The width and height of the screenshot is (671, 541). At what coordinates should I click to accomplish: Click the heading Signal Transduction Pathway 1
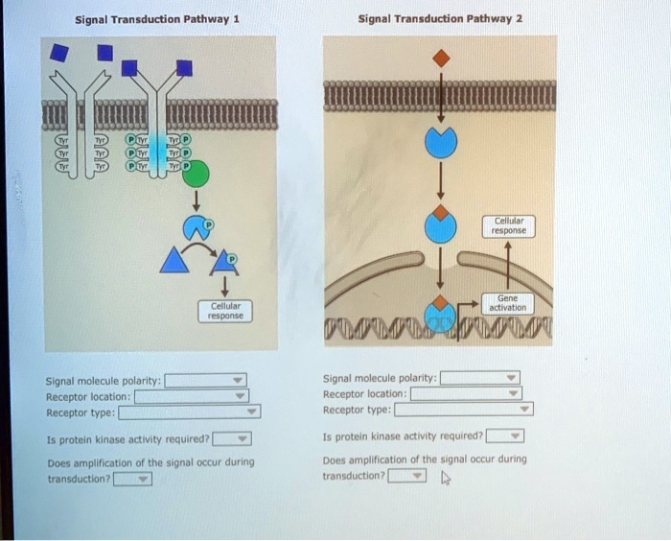[156, 18]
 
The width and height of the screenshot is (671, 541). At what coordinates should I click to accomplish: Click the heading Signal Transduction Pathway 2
[440, 18]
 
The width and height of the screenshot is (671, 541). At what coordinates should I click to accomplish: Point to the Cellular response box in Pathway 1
[226, 310]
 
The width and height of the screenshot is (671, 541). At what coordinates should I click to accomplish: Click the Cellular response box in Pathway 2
[509, 225]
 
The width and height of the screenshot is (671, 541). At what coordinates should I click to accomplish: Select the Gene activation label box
[508, 302]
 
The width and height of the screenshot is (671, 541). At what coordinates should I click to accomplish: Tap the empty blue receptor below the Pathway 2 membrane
[440, 143]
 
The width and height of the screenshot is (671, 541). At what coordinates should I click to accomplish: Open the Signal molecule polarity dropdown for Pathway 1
[206, 380]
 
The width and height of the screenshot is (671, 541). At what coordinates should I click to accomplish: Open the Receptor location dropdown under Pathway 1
[191, 396]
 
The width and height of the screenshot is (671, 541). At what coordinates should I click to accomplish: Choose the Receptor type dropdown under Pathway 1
[189, 413]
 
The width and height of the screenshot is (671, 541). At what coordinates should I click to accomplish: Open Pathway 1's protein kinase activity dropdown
[232, 440]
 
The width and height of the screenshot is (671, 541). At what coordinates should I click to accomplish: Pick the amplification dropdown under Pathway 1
[132, 478]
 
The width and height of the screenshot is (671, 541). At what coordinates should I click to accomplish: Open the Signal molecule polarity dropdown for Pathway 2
[480, 378]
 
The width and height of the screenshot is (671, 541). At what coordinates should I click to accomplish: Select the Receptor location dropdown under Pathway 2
[466, 393]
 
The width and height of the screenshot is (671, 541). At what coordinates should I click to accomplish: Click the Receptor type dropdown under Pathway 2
[464, 410]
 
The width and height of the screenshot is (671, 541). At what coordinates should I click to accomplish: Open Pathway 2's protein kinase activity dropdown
[505, 436]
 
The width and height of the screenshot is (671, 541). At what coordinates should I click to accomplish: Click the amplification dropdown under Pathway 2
[407, 476]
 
